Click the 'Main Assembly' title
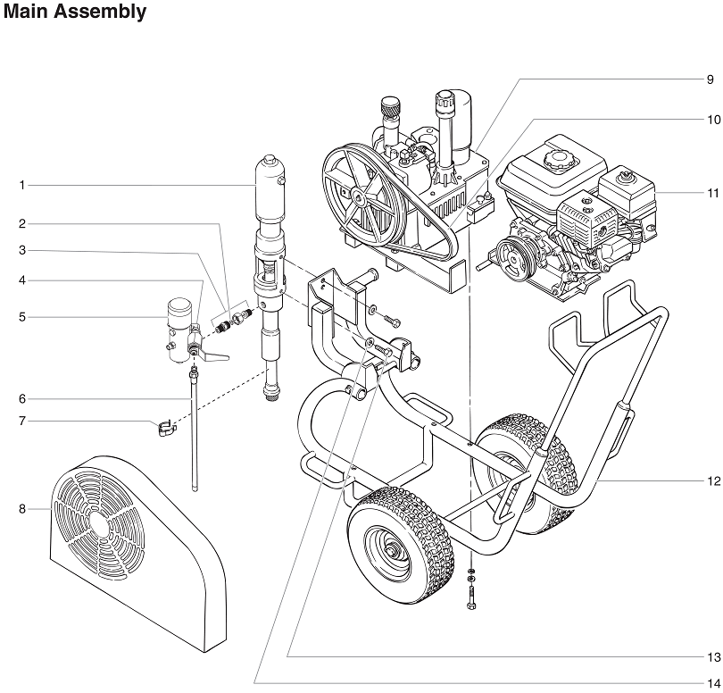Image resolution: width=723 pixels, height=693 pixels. tap(75, 13)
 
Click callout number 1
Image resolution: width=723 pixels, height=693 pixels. tap(22, 186)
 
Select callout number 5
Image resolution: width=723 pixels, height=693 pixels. tap(22, 316)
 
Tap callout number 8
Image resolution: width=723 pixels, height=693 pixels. tap(22, 509)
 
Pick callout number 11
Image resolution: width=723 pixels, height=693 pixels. tap(712, 192)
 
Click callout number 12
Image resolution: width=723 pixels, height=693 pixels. tap(712, 481)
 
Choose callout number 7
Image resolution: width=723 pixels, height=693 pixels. tap(22, 421)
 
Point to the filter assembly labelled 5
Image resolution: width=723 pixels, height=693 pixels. tap(180, 329)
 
